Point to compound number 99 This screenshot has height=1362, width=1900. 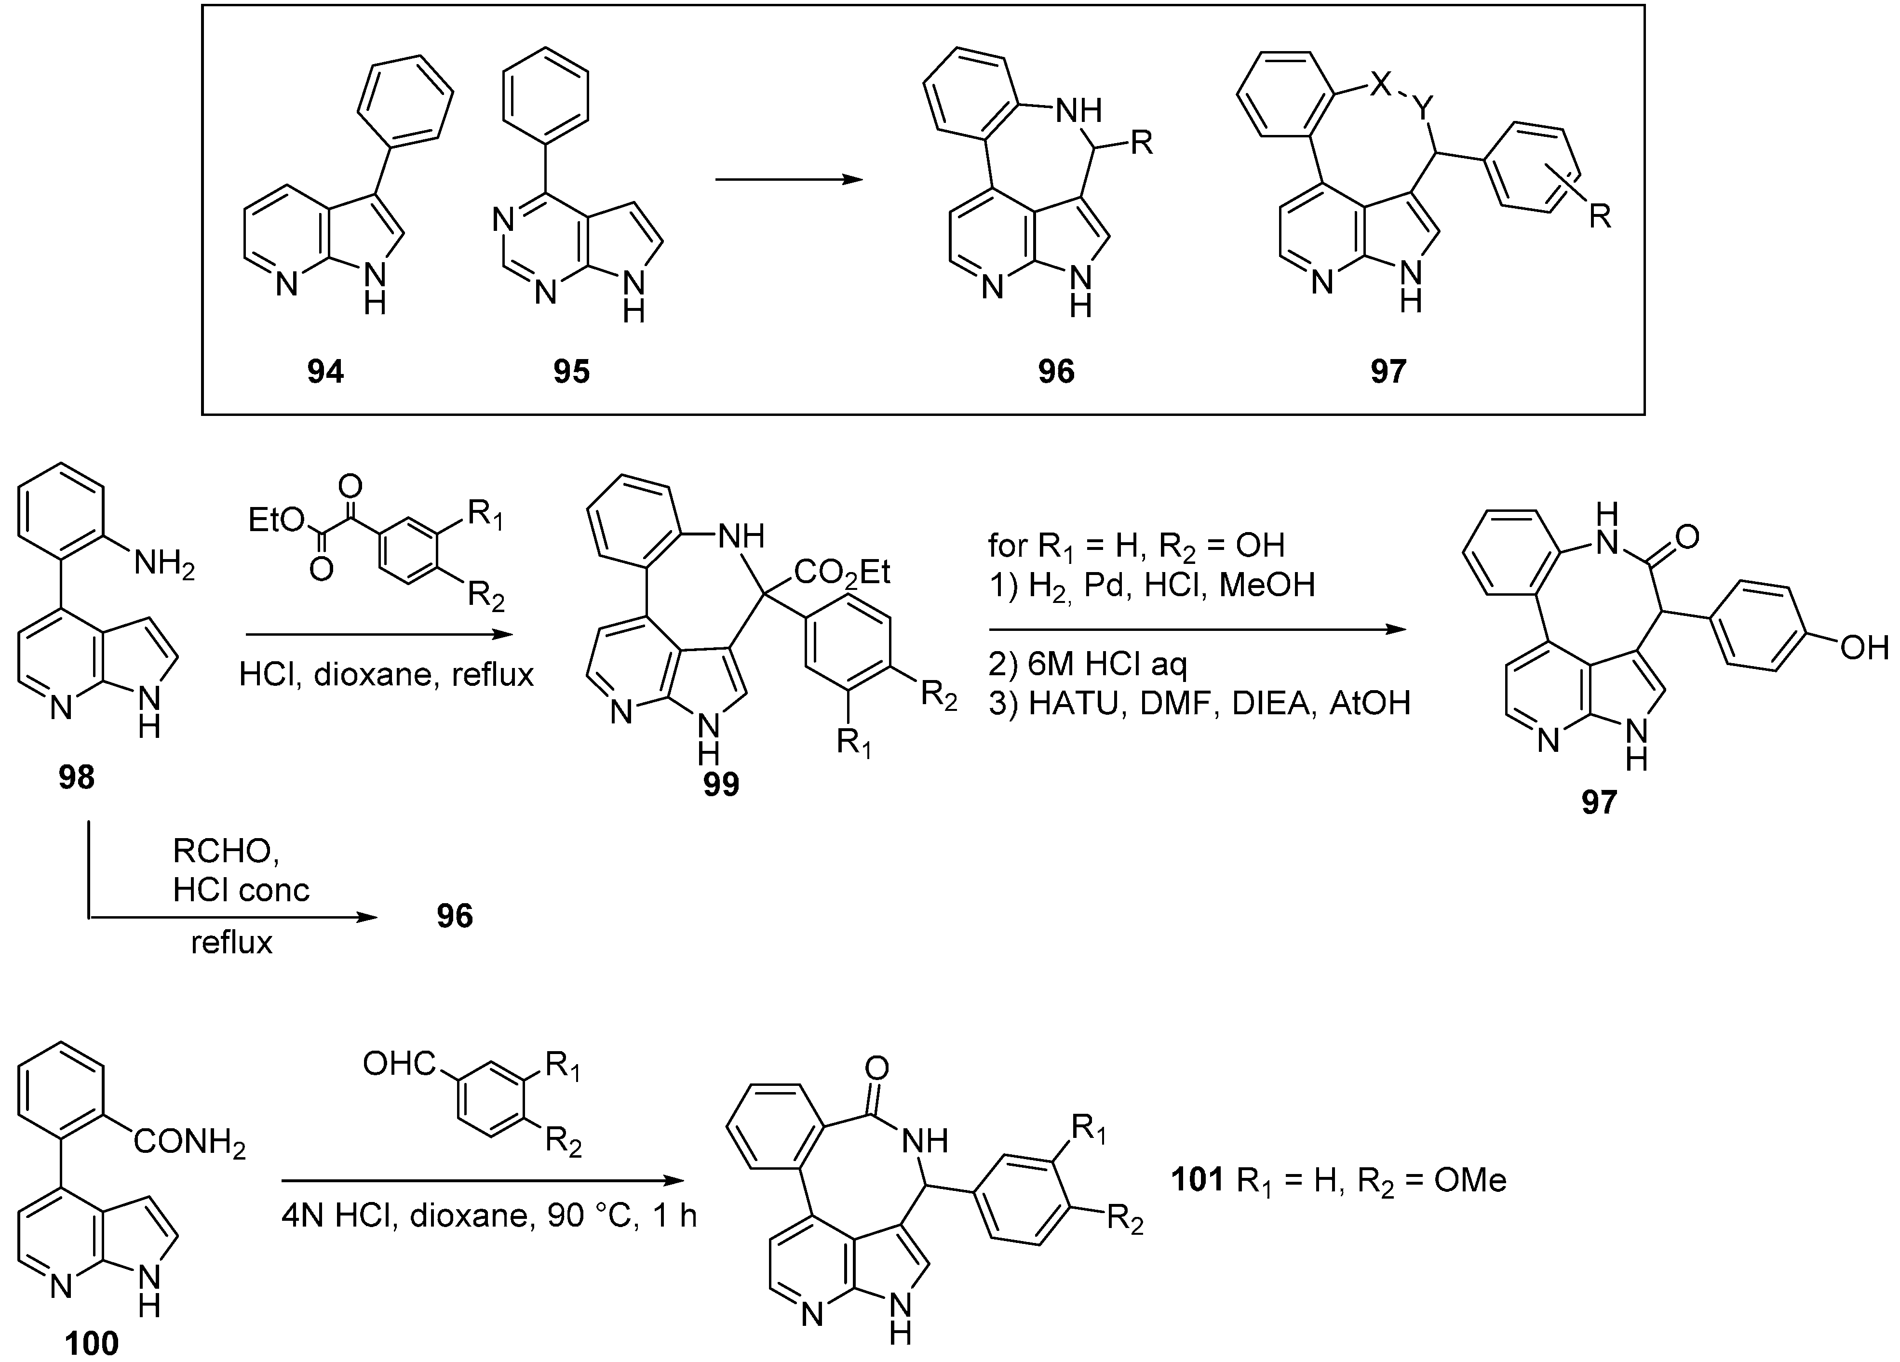pyautogui.click(x=721, y=785)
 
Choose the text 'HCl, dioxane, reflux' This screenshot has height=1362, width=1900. pyautogui.click(x=386, y=673)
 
